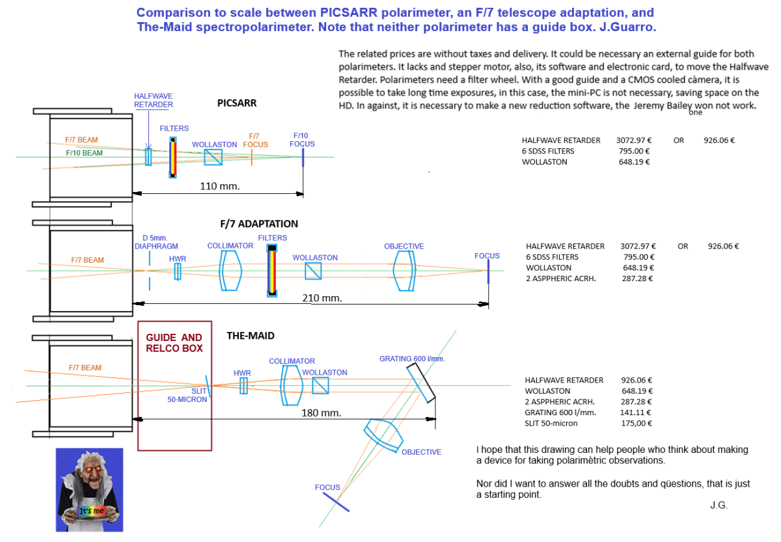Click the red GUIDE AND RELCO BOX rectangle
(x=174, y=385)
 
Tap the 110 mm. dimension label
(x=220, y=185)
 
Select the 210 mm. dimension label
(x=322, y=298)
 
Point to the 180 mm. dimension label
(x=322, y=413)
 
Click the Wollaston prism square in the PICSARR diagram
(x=213, y=157)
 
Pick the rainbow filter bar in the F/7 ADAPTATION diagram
(x=272, y=273)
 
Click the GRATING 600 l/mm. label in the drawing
(x=411, y=359)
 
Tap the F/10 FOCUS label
(x=303, y=140)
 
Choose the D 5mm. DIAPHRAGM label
(x=155, y=241)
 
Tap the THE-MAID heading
(x=251, y=336)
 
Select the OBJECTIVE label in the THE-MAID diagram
(x=421, y=452)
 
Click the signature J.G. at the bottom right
(x=719, y=505)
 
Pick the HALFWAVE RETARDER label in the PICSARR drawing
(x=154, y=100)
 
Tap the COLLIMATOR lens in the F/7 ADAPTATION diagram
(x=230, y=270)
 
